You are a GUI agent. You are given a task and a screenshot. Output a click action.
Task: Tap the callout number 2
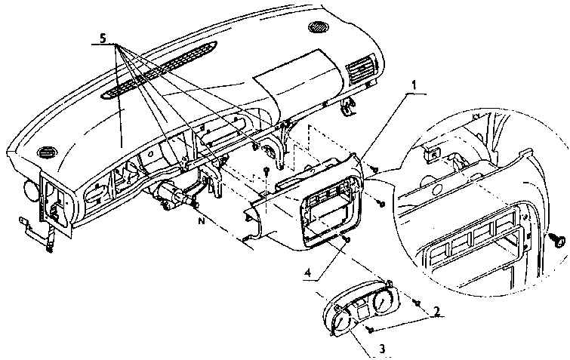[x=436, y=311]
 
